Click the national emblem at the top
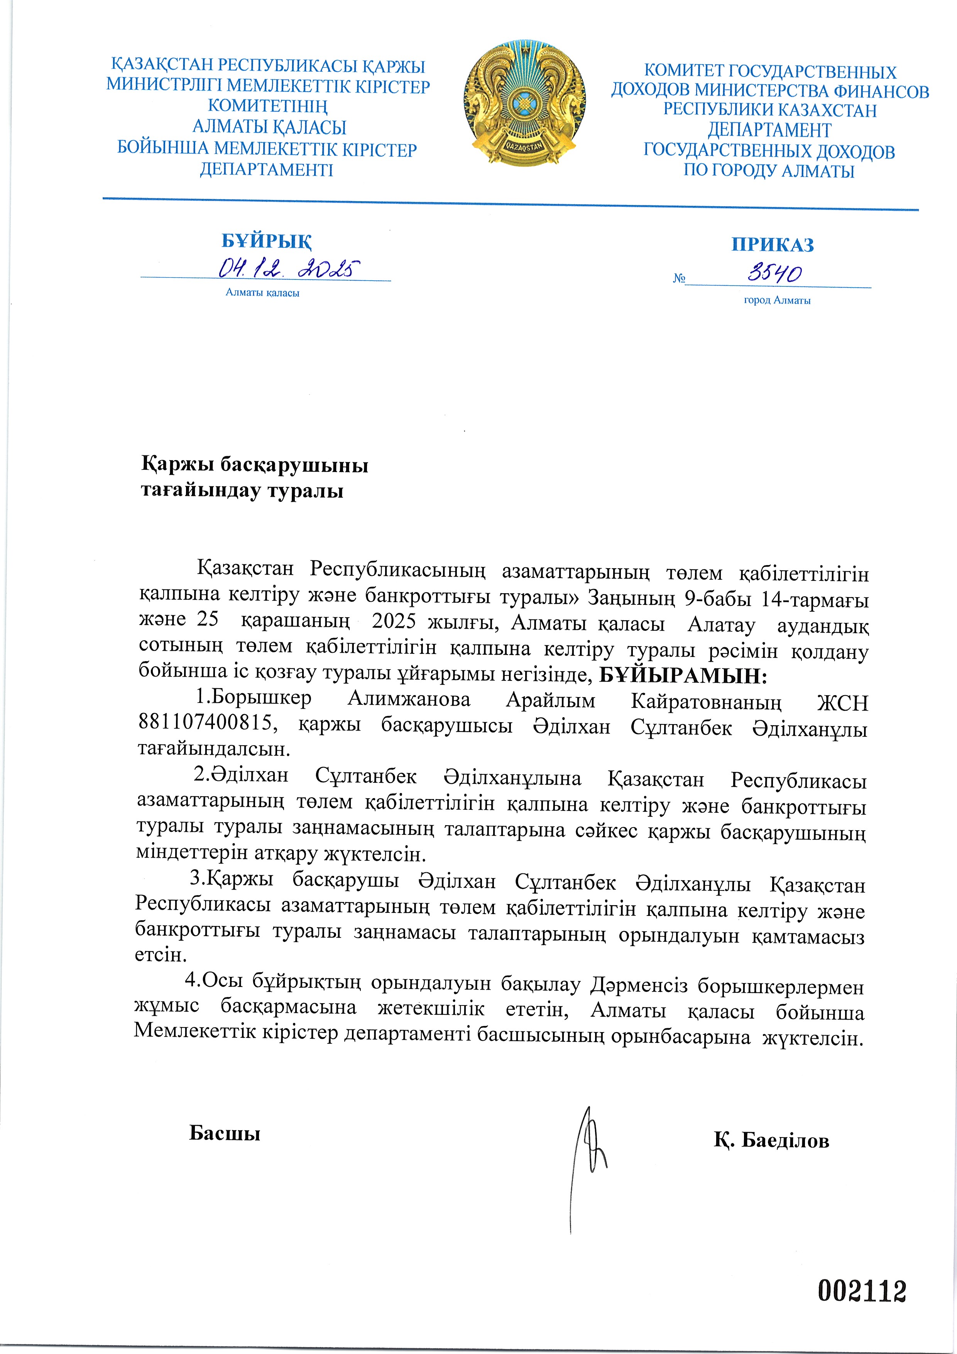[x=525, y=103]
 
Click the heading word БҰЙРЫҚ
[x=267, y=241]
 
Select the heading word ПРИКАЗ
[x=773, y=245]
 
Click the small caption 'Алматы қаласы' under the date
[x=262, y=293]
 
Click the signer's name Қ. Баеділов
[x=771, y=1140]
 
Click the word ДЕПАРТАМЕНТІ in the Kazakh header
[x=267, y=171]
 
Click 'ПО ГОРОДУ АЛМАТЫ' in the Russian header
[x=769, y=172]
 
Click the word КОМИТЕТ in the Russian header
[x=684, y=71]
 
